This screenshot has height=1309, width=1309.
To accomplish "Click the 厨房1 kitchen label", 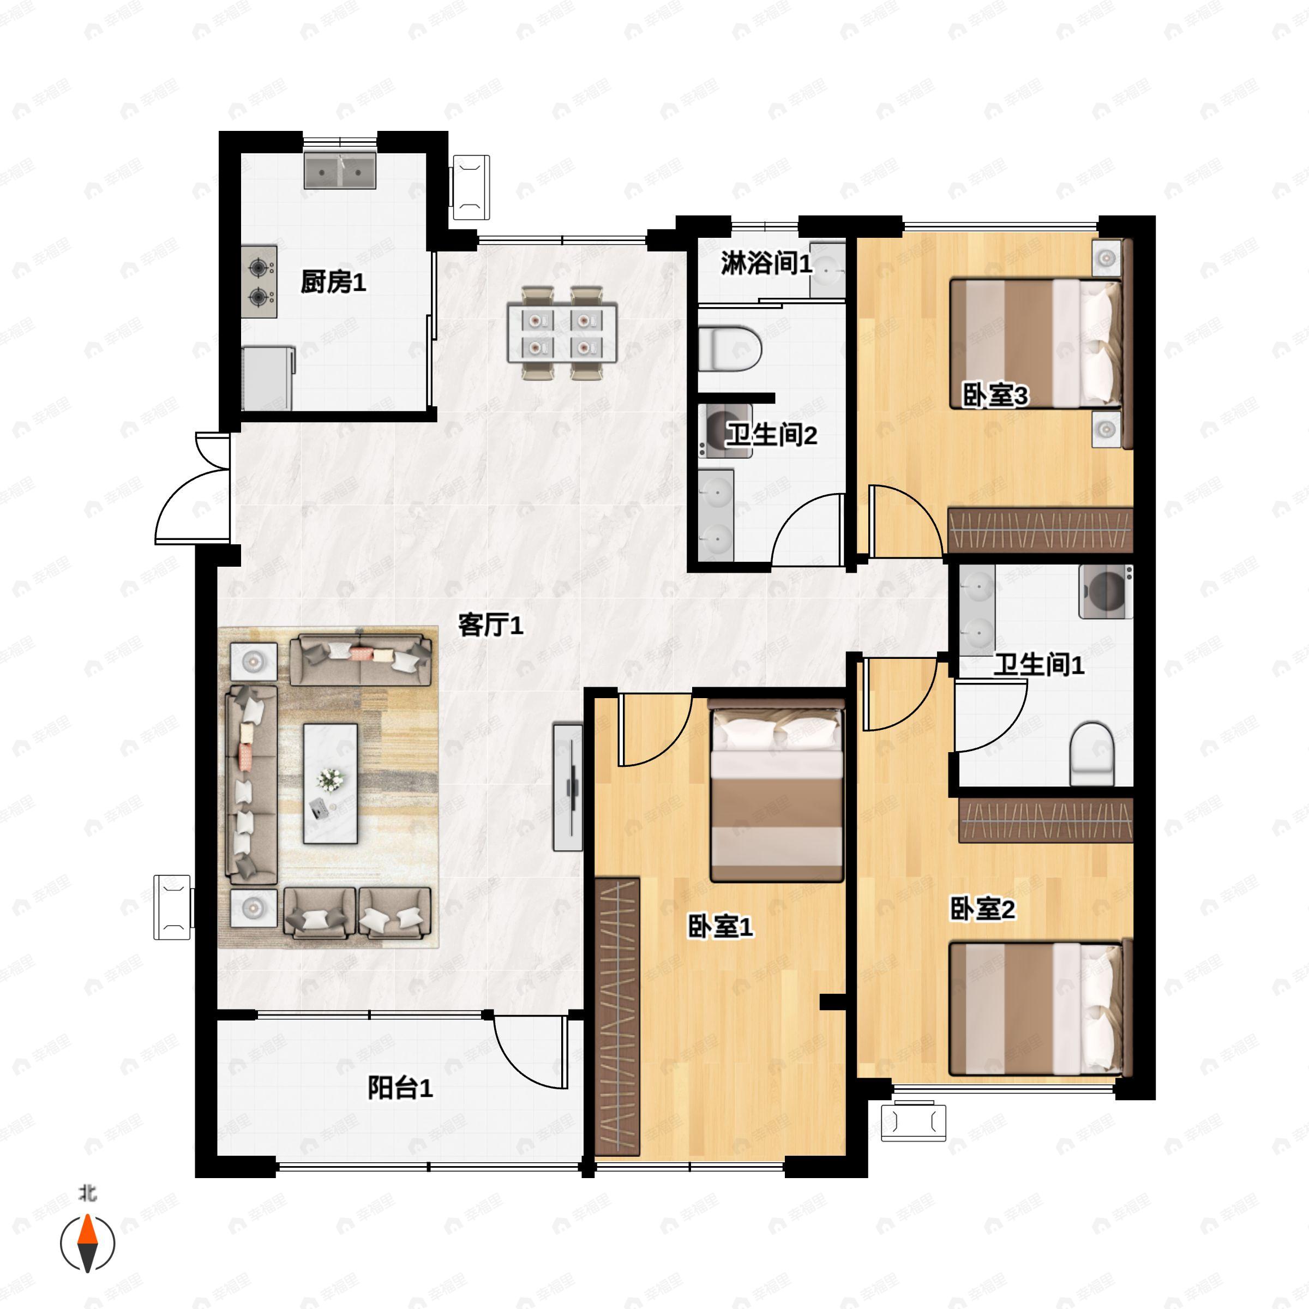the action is pos(333,281).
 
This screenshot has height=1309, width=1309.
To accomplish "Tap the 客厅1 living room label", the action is pos(490,625).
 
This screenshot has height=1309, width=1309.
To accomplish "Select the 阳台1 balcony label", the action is pos(400,1088).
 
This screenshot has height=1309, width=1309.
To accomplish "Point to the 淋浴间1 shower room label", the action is pos(766,263).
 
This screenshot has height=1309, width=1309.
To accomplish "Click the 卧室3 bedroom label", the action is pos(995,395).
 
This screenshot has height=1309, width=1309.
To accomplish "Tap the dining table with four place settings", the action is pos(562,333).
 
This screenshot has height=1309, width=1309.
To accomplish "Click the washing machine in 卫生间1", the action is pos(1106,591).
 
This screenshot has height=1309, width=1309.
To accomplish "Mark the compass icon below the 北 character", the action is pos(87,1244).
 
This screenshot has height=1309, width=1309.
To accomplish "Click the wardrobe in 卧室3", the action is pos(1041,529).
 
